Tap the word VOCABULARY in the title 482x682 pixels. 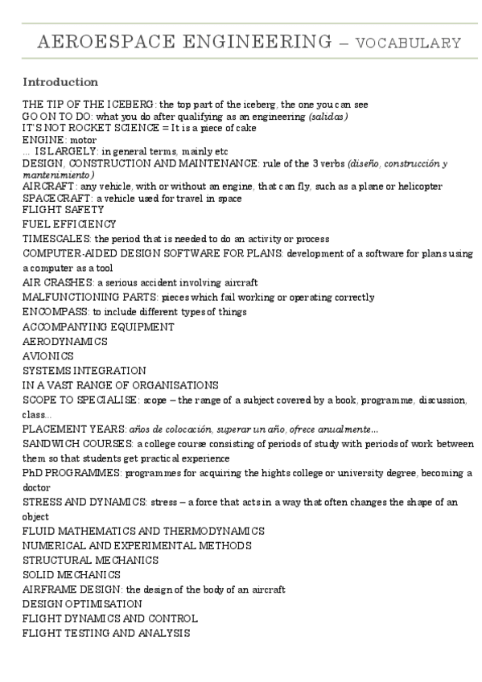click(x=409, y=43)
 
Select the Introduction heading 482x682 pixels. click(x=60, y=82)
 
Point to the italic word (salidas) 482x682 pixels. click(x=328, y=117)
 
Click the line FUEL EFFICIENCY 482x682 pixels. click(x=69, y=224)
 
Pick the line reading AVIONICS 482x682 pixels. click(x=47, y=355)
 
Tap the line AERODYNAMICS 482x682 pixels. click(x=65, y=341)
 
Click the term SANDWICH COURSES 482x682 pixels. click(x=77, y=443)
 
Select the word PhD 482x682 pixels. click(x=33, y=473)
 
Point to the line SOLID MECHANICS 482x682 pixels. click(x=72, y=575)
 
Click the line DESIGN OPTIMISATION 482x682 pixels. click(x=82, y=604)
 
